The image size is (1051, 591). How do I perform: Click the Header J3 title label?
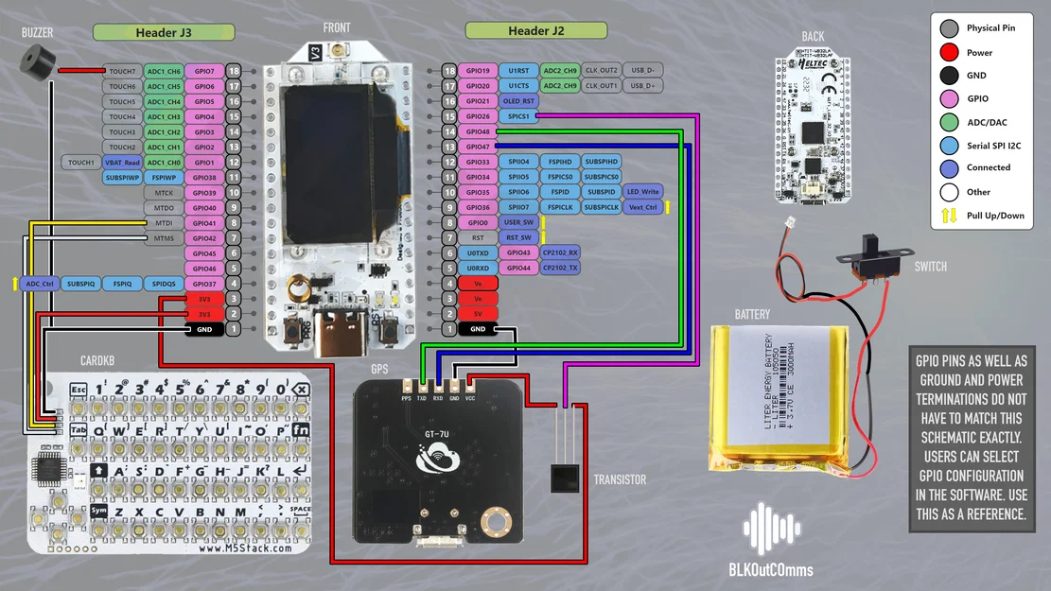tap(164, 32)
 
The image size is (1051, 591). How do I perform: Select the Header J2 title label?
tap(535, 31)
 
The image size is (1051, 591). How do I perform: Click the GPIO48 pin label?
tap(478, 131)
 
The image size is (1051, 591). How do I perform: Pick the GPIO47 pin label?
tap(478, 147)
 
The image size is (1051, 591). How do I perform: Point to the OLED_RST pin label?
tap(517, 101)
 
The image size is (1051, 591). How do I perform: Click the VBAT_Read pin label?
tap(122, 163)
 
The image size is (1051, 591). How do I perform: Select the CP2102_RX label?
tap(560, 252)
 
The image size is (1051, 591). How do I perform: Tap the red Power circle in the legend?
tap(948, 53)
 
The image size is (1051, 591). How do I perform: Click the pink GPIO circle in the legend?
tap(948, 98)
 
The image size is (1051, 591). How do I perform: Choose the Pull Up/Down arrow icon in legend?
tap(948, 215)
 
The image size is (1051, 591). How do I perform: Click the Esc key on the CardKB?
tap(78, 390)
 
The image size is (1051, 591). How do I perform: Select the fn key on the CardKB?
tap(301, 428)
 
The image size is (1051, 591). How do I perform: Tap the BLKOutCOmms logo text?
tap(771, 569)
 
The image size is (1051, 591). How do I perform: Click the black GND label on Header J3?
tap(203, 329)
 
